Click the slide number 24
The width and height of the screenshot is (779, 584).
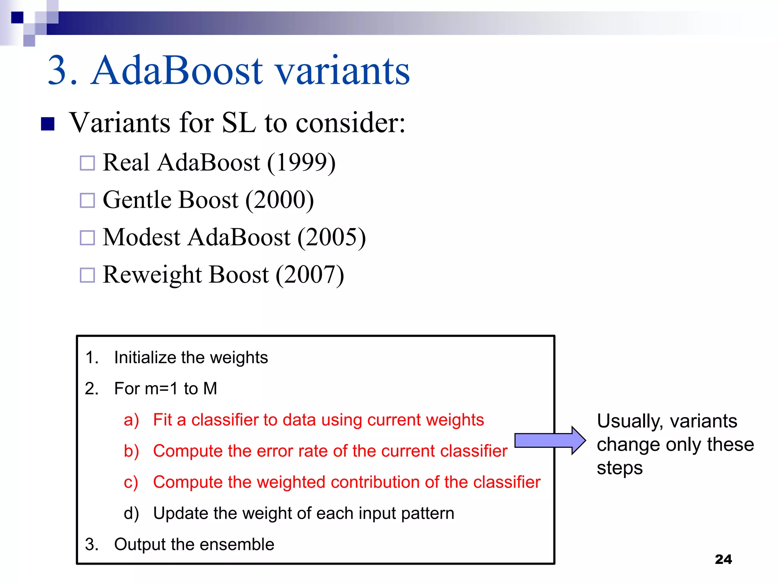[723, 559]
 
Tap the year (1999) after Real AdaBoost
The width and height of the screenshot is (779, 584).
[301, 163]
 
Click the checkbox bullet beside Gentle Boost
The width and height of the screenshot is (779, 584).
[87, 200]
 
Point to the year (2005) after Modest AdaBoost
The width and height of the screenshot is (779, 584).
[331, 238]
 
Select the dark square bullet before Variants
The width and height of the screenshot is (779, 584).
[48, 124]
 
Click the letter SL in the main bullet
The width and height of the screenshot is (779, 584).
[238, 123]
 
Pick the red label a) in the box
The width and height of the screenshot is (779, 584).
[131, 420]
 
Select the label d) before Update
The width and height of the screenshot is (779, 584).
[131, 514]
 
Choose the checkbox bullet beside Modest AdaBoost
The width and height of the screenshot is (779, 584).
[87, 238]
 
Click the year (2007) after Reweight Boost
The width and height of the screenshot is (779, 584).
[310, 275]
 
